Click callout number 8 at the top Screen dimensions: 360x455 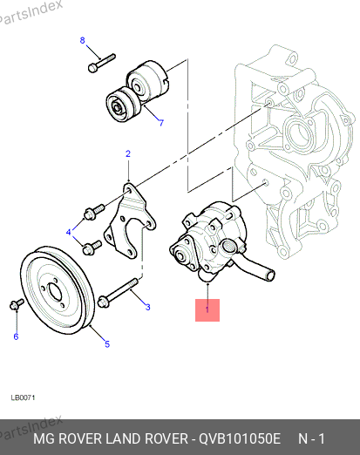click(x=83, y=40)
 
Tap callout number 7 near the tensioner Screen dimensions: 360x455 click(x=161, y=123)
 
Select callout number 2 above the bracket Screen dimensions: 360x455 click(x=128, y=153)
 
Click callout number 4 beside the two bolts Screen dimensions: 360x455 click(x=69, y=232)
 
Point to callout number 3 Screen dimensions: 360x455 click(x=148, y=307)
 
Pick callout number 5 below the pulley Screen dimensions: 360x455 click(x=107, y=344)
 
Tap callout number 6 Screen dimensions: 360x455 click(x=16, y=336)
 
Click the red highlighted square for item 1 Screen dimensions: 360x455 click(x=207, y=310)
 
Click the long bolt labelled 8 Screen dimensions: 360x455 click(x=101, y=63)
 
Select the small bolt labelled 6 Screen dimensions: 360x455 click(x=17, y=304)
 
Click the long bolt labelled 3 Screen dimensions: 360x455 click(x=118, y=293)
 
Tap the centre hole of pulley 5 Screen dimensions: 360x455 click(x=55, y=292)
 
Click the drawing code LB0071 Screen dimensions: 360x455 click(x=23, y=397)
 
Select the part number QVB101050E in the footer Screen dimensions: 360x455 click(x=240, y=438)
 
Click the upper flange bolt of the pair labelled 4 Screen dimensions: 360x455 click(x=94, y=212)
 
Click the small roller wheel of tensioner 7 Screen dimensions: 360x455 click(x=123, y=105)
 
